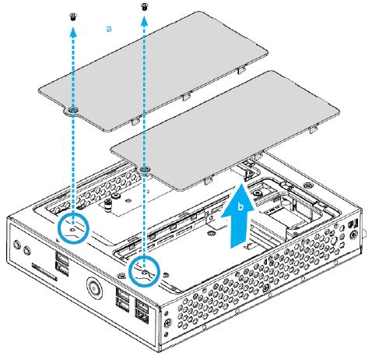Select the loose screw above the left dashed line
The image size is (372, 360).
(73, 15)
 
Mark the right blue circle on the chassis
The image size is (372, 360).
(145, 270)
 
